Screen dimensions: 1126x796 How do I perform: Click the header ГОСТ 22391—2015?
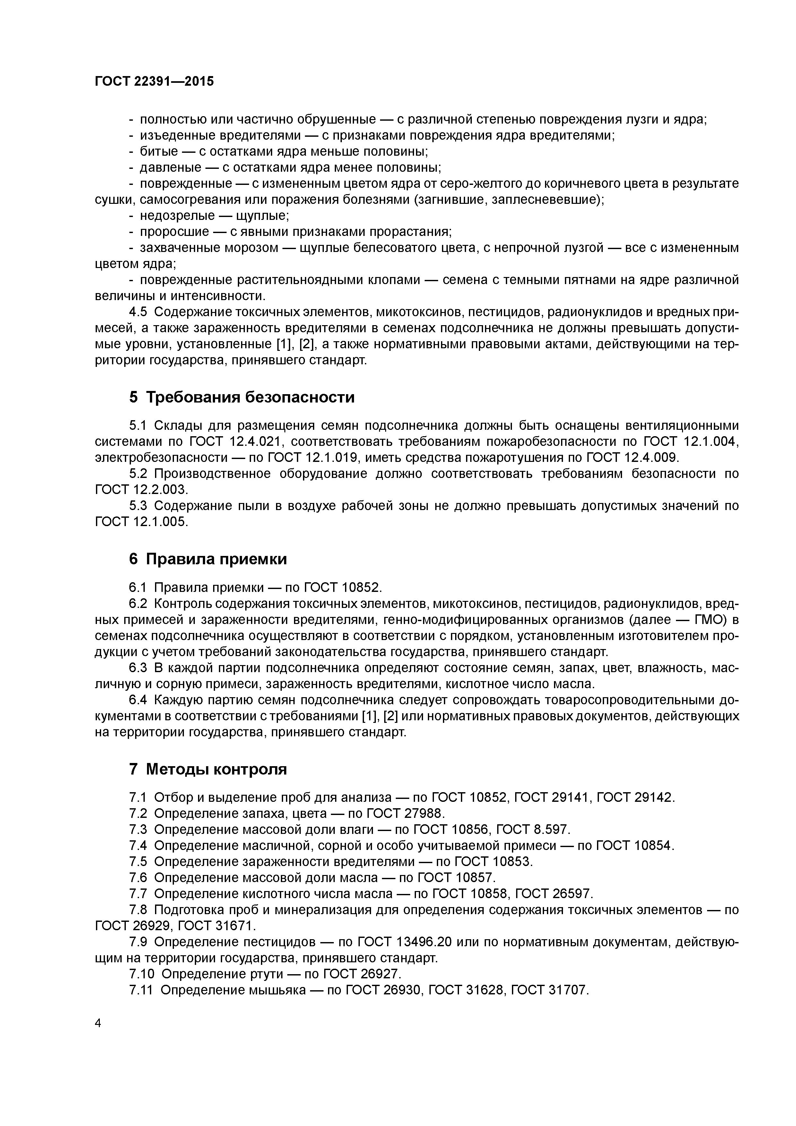point(154,82)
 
